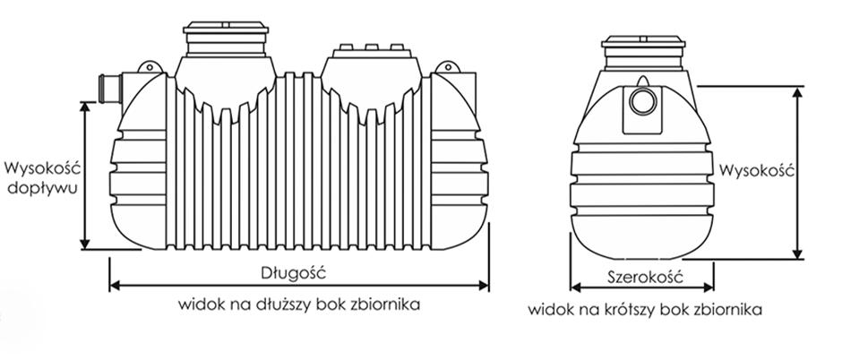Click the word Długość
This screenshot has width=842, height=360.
pos(299,270)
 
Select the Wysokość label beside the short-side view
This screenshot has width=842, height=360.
pos(758,169)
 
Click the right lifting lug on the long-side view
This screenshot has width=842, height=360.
pos(445,68)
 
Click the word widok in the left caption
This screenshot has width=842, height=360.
pos(199,304)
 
